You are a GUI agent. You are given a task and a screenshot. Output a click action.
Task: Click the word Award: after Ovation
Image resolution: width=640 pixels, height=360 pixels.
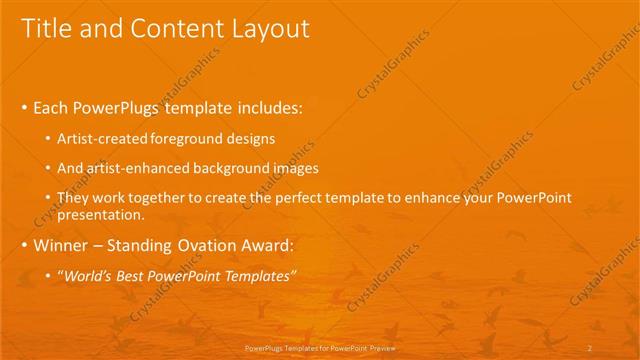pos(273,245)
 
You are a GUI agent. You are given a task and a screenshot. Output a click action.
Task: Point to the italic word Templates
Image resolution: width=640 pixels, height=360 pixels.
pos(258,276)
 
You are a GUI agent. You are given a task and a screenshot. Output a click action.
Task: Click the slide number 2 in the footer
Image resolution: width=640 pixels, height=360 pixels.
pos(591,347)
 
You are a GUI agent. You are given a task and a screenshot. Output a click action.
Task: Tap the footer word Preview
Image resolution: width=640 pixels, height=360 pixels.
pos(382,347)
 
